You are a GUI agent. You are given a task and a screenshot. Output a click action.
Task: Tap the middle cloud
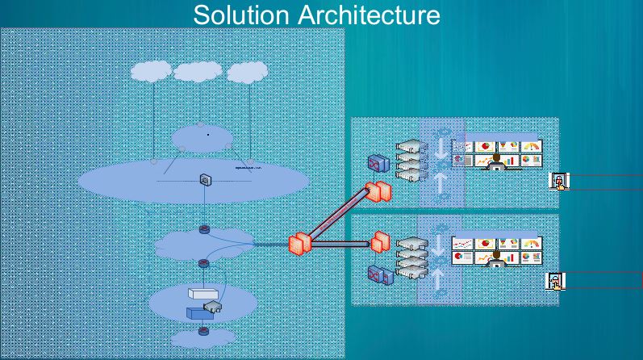click(198, 72)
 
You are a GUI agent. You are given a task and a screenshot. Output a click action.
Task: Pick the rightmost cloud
click(247, 72)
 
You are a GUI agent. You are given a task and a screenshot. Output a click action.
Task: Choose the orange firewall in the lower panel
click(381, 241)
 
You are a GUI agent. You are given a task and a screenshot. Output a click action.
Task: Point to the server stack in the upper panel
click(411, 161)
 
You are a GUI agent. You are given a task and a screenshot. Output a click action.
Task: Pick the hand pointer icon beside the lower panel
click(555, 282)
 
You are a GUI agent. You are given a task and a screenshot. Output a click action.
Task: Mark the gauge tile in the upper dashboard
click(530, 147)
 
